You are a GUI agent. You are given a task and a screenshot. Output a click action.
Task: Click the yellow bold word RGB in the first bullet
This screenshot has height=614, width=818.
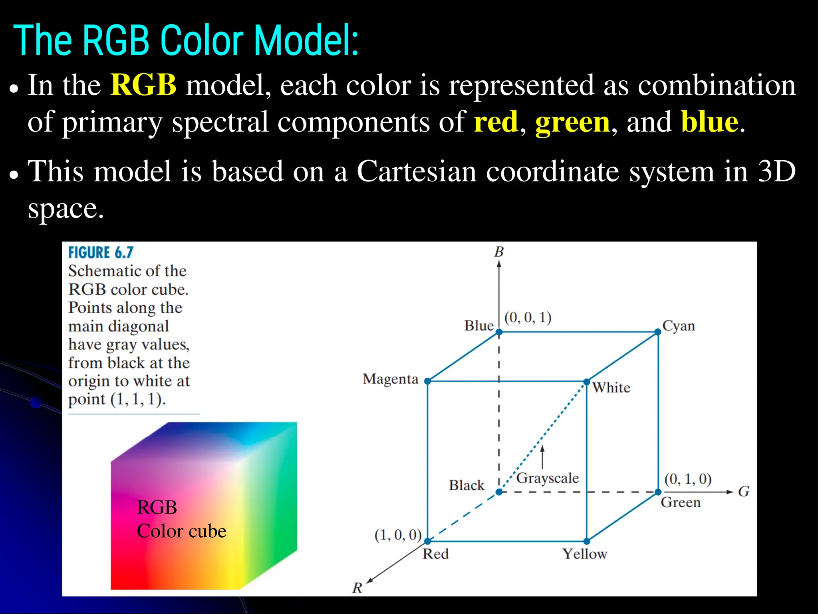coord(143,85)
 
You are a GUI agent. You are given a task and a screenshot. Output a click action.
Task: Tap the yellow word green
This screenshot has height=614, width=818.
coord(573,122)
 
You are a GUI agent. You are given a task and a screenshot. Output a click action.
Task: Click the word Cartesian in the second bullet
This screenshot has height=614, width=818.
coord(417,171)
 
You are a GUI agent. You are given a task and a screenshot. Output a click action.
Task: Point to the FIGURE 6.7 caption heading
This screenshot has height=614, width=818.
coord(101,253)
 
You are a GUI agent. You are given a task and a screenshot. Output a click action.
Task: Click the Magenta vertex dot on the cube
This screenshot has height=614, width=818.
coord(427,381)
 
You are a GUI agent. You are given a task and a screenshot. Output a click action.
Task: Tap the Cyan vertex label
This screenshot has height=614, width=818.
coord(679,326)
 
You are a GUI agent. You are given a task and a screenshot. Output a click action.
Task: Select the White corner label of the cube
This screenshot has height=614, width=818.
coord(611,387)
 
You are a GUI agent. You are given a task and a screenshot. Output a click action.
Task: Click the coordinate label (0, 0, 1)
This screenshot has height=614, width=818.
coord(528,318)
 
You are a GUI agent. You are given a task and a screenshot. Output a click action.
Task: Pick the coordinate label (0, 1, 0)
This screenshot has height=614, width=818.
coord(688,479)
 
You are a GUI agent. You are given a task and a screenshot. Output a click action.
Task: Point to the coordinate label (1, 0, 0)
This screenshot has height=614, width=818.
coord(398,535)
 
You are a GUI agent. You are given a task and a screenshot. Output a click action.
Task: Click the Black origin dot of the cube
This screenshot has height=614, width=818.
coord(499,492)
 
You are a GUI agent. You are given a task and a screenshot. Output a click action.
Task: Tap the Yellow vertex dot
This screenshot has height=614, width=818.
coord(586,541)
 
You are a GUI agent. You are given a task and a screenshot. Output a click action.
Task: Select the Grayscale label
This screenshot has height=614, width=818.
coord(547,478)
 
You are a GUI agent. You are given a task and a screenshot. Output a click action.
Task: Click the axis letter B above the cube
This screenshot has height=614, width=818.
coord(499,252)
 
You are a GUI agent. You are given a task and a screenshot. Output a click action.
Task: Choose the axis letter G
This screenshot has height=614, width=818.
coord(743,491)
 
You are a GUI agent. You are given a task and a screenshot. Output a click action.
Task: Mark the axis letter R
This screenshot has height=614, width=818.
coord(357,588)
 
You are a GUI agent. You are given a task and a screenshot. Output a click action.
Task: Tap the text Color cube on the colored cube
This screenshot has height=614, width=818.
coord(181,531)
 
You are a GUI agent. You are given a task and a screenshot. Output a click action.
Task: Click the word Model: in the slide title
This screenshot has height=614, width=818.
coord(306,41)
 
